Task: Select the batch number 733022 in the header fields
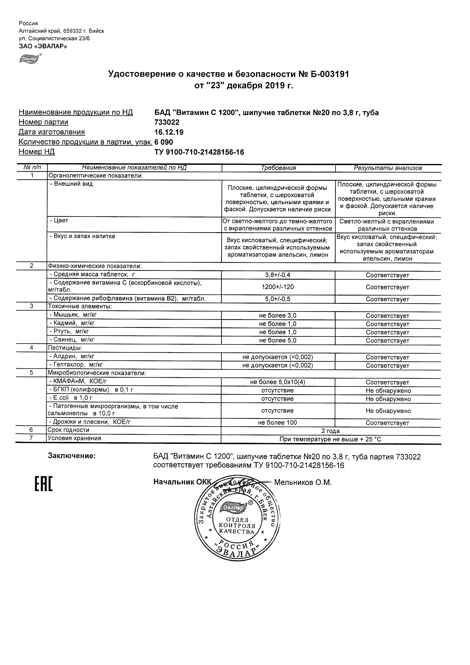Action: pyautogui.click(x=167, y=122)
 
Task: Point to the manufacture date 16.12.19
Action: pyautogui.click(x=169, y=132)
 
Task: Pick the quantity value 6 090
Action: pyautogui.click(x=164, y=142)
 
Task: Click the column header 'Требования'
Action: pyautogui.click(x=278, y=168)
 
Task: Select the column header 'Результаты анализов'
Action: pyautogui.click(x=388, y=168)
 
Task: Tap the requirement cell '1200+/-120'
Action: pyautogui.click(x=278, y=287)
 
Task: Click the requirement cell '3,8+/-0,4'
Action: pyautogui.click(x=278, y=275)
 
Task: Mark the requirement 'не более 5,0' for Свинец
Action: pyautogui.click(x=278, y=341)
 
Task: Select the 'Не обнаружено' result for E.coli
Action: pyautogui.click(x=388, y=399)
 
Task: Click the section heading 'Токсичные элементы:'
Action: pyautogui.click(x=80, y=306)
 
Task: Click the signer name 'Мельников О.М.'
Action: pyautogui.click(x=303, y=482)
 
